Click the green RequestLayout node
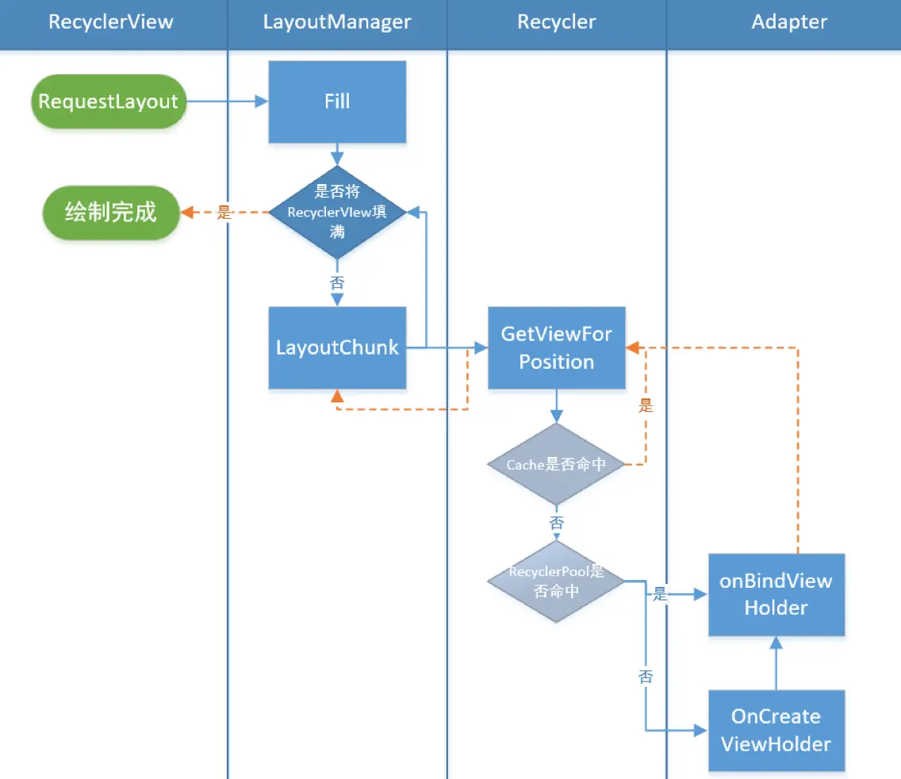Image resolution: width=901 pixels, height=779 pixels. pos(109,102)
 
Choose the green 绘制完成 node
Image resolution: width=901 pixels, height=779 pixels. pos(111,212)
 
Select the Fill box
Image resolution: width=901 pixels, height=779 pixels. pos(337,102)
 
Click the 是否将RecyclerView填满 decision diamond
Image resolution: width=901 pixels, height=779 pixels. pos(337,212)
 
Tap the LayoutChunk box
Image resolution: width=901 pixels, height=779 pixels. pos(337,347)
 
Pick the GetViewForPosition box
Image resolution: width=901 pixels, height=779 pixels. pos(556,347)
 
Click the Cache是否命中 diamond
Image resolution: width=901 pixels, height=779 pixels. pos(556,464)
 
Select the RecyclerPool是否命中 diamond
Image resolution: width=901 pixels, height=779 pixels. pos(556,581)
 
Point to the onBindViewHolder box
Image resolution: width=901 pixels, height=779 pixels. pos(776,594)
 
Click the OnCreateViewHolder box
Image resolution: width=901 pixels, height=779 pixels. pos(776,730)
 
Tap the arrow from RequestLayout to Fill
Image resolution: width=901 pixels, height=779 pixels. pos(228,102)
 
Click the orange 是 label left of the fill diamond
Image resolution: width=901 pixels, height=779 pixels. pos(224,212)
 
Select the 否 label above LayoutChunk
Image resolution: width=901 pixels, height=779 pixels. pos(337,283)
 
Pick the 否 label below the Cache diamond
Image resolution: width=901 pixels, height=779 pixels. pos(556,523)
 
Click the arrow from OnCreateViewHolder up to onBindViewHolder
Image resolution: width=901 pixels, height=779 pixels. pos(776,663)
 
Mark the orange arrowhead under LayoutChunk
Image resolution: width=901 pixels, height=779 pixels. pos(337,396)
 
